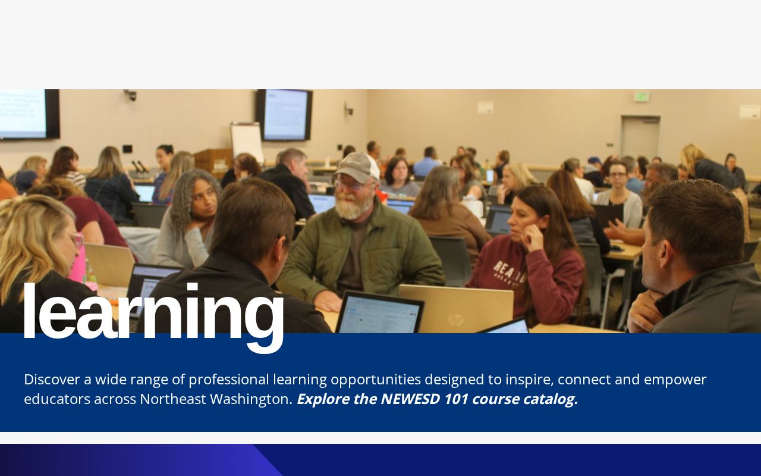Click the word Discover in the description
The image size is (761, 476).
tap(52, 380)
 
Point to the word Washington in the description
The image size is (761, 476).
tap(249, 400)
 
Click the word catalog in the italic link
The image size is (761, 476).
tap(551, 400)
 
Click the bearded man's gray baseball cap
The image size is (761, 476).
tap(357, 167)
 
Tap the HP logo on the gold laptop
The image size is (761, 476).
tap(456, 320)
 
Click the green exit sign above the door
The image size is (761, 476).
tap(641, 96)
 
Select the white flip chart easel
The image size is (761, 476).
tap(247, 142)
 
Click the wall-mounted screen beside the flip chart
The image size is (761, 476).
tap(285, 115)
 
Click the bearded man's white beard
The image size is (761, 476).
tap(353, 206)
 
